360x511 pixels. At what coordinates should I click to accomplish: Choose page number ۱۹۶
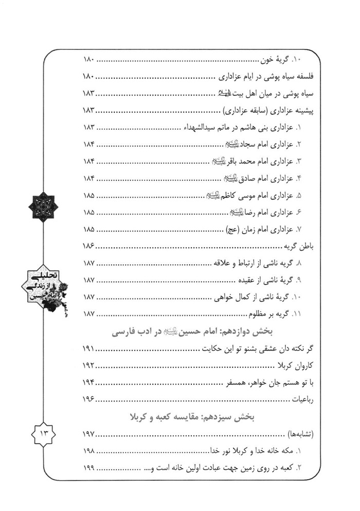(89, 399)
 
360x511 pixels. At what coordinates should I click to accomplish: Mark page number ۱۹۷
(89, 434)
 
